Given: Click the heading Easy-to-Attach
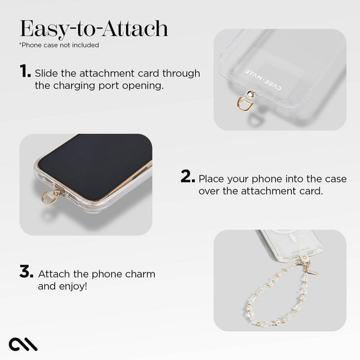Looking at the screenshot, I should [94, 28].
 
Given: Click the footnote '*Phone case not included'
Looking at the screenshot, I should [59, 45].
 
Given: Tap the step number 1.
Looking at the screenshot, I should [25, 72].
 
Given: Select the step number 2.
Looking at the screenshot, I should [187, 177].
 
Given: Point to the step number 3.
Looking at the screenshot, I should [26, 272].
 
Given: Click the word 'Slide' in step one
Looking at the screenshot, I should [46, 73].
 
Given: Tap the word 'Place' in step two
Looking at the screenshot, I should [212, 179].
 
